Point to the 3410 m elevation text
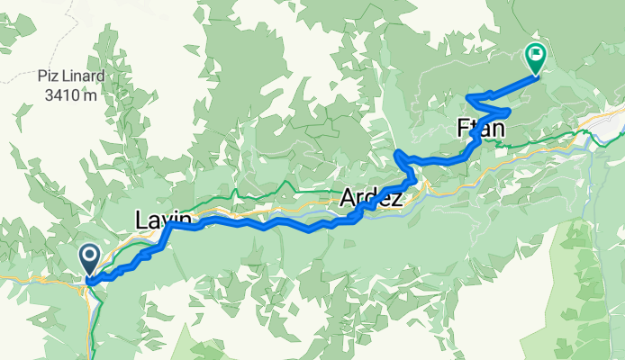(67, 94)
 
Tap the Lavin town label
(163, 219)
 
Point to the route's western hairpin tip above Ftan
(466, 96)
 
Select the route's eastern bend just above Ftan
(509, 112)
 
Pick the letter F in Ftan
(463, 130)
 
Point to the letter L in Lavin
(140, 219)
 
